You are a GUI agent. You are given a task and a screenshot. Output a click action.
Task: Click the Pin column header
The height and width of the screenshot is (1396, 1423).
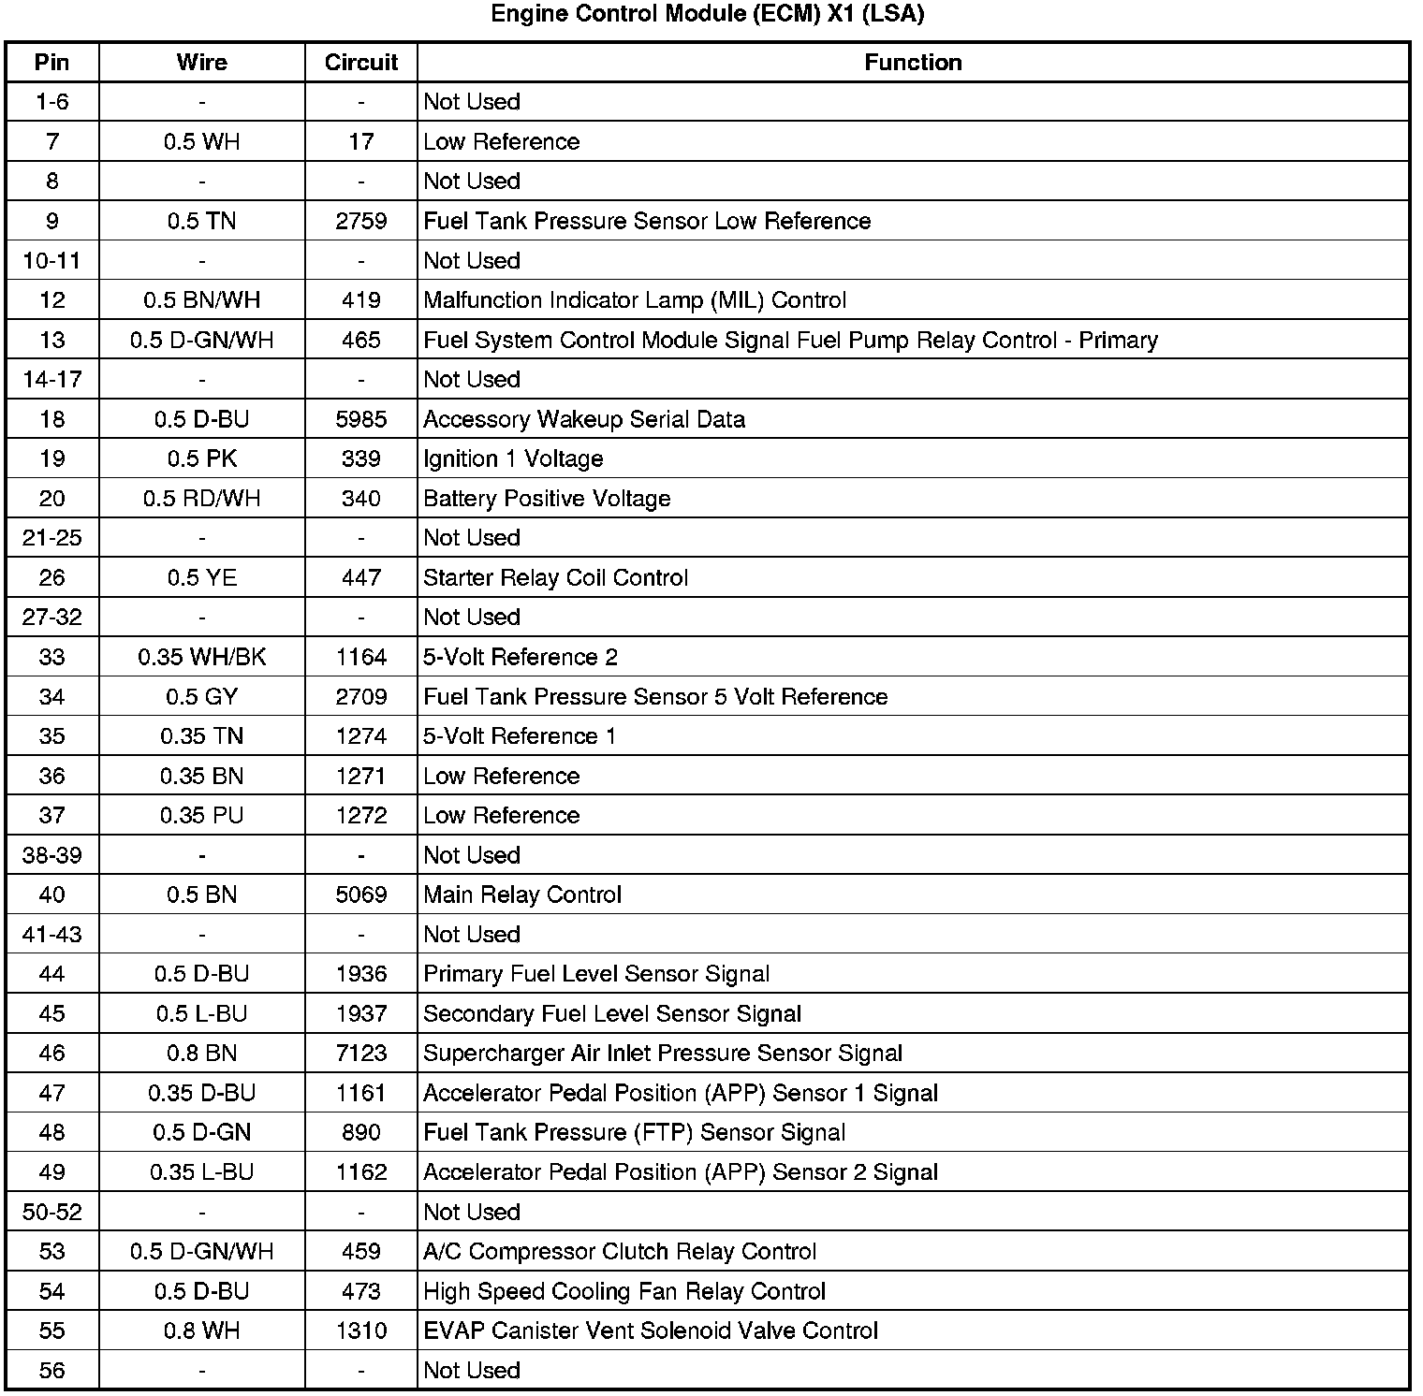click(x=52, y=63)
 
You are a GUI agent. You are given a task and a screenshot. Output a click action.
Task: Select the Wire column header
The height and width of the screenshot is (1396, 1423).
click(x=201, y=63)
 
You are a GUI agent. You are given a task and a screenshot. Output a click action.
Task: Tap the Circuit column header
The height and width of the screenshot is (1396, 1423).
click(x=361, y=63)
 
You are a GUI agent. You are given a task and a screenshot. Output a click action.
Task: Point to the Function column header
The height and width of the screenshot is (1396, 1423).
click(x=913, y=63)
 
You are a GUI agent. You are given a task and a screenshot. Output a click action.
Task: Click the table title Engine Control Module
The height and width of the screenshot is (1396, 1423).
click(x=708, y=14)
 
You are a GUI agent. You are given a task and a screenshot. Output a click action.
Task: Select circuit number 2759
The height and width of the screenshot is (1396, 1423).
click(x=361, y=221)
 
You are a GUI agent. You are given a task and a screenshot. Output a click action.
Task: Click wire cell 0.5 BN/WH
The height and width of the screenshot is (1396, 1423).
click(x=201, y=300)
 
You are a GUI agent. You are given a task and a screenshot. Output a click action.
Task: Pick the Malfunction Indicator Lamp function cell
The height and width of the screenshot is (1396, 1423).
click(x=635, y=300)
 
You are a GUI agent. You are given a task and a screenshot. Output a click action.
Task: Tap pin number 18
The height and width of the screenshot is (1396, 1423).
click(x=52, y=419)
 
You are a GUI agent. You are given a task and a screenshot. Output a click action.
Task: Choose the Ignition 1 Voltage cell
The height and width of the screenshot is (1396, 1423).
click(x=513, y=458)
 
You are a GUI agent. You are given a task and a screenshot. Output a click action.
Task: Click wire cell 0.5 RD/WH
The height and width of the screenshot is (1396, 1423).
click(x=201, y=499)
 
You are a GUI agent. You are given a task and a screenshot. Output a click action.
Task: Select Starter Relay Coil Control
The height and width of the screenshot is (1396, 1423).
click(x=555, y=577)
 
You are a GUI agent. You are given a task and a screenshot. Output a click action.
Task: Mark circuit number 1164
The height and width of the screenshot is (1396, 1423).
click(x=361, y=657)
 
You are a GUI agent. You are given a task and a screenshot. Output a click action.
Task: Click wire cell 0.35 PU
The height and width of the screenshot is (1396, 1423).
click(x=201, y=815)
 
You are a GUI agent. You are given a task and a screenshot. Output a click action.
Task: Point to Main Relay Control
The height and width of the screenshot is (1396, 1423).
click(x=522, y=894)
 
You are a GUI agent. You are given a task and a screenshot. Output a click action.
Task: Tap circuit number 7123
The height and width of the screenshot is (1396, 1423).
click(x=361, y=1053)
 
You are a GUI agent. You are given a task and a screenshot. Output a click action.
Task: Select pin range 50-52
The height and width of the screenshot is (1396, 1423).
click(x=52, y=1212)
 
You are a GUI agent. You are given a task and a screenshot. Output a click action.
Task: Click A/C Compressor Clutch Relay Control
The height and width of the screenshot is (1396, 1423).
click(x=620, y=1251)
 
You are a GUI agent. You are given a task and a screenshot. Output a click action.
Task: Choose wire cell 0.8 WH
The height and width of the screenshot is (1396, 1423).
click(x=201, y=1331)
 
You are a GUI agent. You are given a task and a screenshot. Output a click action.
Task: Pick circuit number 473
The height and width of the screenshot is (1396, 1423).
click(x=361, y=1291)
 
